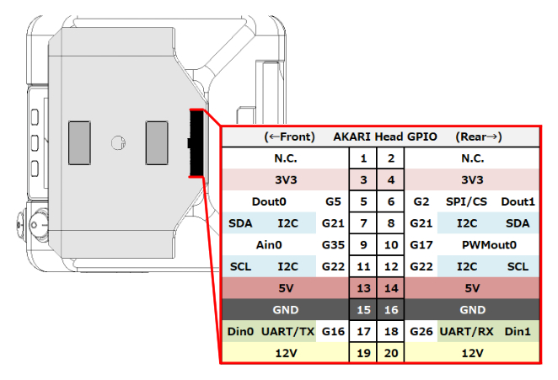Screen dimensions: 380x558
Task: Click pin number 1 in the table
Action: click(362, 158)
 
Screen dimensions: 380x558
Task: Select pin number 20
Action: click(390, 354)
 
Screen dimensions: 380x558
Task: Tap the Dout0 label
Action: click(270, 201)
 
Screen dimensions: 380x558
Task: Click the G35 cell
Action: click(334, 245)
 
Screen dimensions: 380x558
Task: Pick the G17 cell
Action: click(421, 245)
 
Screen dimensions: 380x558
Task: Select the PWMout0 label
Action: click(488, 245)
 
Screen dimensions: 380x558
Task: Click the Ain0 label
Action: click(270, 245)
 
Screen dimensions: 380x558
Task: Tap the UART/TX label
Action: click(287, 332)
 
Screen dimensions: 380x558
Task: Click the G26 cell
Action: click(421, 332)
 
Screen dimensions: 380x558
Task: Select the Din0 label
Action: click(241, 332)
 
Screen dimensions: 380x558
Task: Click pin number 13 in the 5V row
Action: click(362, 288)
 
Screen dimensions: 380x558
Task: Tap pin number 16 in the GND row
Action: click(390, 310)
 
